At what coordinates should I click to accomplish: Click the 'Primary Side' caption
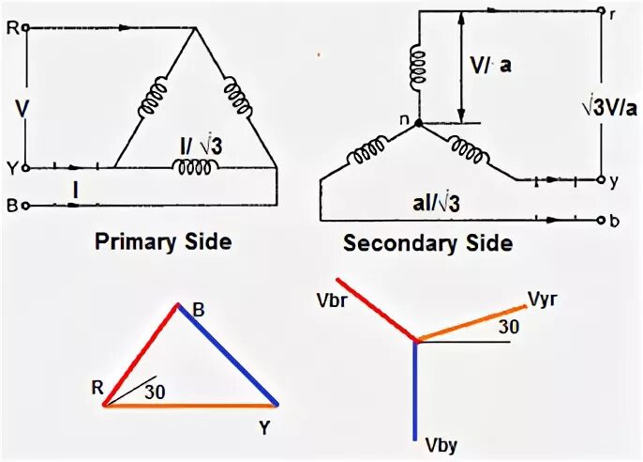162,242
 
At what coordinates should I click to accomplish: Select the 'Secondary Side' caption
427,244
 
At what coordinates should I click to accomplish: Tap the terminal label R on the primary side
11,29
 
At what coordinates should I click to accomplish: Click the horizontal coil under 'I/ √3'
197,167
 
